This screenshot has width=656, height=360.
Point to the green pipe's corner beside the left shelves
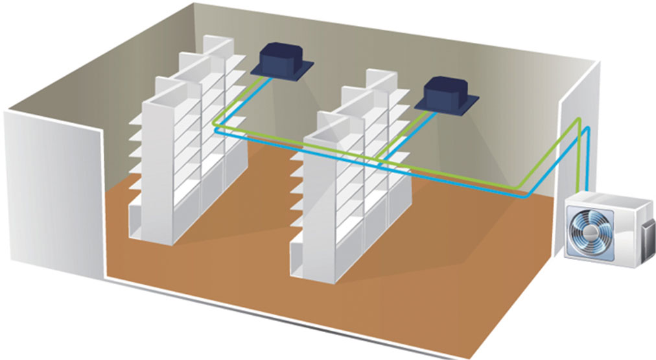(214, 123)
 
